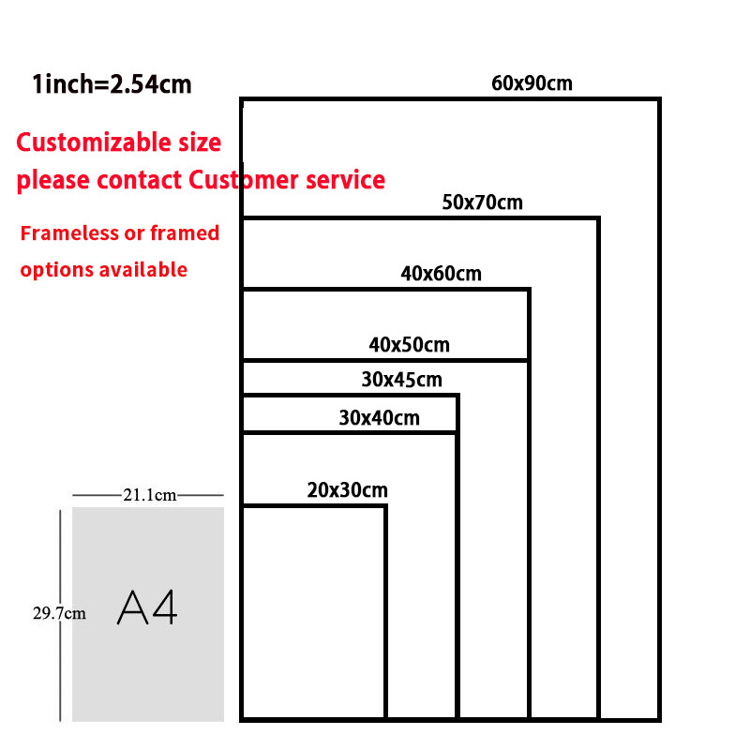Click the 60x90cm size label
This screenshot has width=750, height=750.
tap(532, 83)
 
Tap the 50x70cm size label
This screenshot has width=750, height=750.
tap(482, 202)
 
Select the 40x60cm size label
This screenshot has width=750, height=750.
tap(441, 274)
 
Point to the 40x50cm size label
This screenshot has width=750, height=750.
tap(409, 345)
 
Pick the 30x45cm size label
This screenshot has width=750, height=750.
tap(401, 381)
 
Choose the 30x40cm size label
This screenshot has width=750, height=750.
tap(379, 418)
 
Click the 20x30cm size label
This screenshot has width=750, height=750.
tap(347, 489)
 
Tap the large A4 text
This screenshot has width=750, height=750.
tap(147, 609)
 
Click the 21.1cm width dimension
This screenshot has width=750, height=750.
tap(149, 495)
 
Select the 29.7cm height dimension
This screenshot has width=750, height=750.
tap(59, 614)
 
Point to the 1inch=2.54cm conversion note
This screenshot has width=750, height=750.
tap(112, 85)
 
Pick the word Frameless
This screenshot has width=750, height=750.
tap(67, 232)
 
